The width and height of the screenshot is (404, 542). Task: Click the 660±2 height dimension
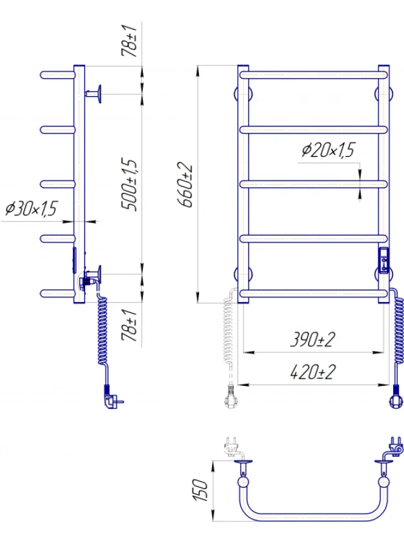click(x=186, y=185)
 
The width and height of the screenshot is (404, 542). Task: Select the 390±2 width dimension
click(x=313, y=339)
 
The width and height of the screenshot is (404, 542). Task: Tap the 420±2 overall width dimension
click(x=313, y=372)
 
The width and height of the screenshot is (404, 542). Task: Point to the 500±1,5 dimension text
click(x=130, y=185)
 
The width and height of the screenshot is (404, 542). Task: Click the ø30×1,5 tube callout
click(x=31, y=208)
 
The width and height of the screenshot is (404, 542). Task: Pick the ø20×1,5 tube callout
click(x=328, y=150)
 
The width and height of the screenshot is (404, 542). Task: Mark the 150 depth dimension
click(x=200, y=490)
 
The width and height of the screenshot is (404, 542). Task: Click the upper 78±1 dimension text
click(x=130, y=41)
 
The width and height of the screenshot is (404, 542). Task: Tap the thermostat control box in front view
click(x=384, y=261)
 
